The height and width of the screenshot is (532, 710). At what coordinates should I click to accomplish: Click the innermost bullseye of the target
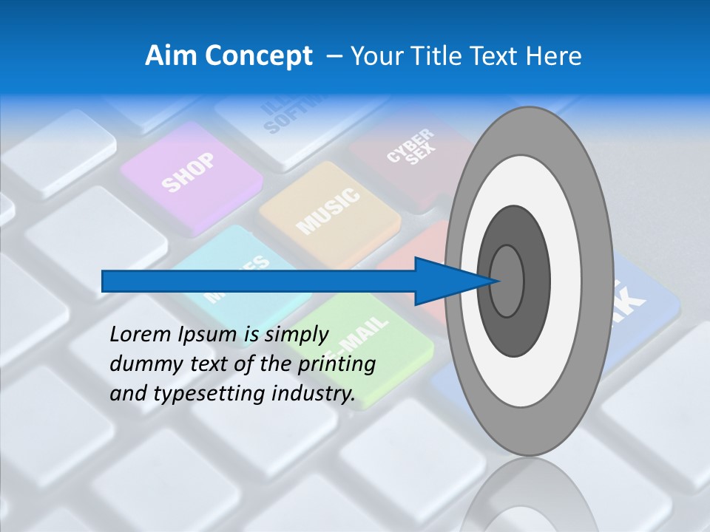point(507,282)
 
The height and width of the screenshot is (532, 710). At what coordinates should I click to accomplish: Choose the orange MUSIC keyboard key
point(329,210)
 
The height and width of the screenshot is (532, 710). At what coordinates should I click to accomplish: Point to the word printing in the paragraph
point(339,364)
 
